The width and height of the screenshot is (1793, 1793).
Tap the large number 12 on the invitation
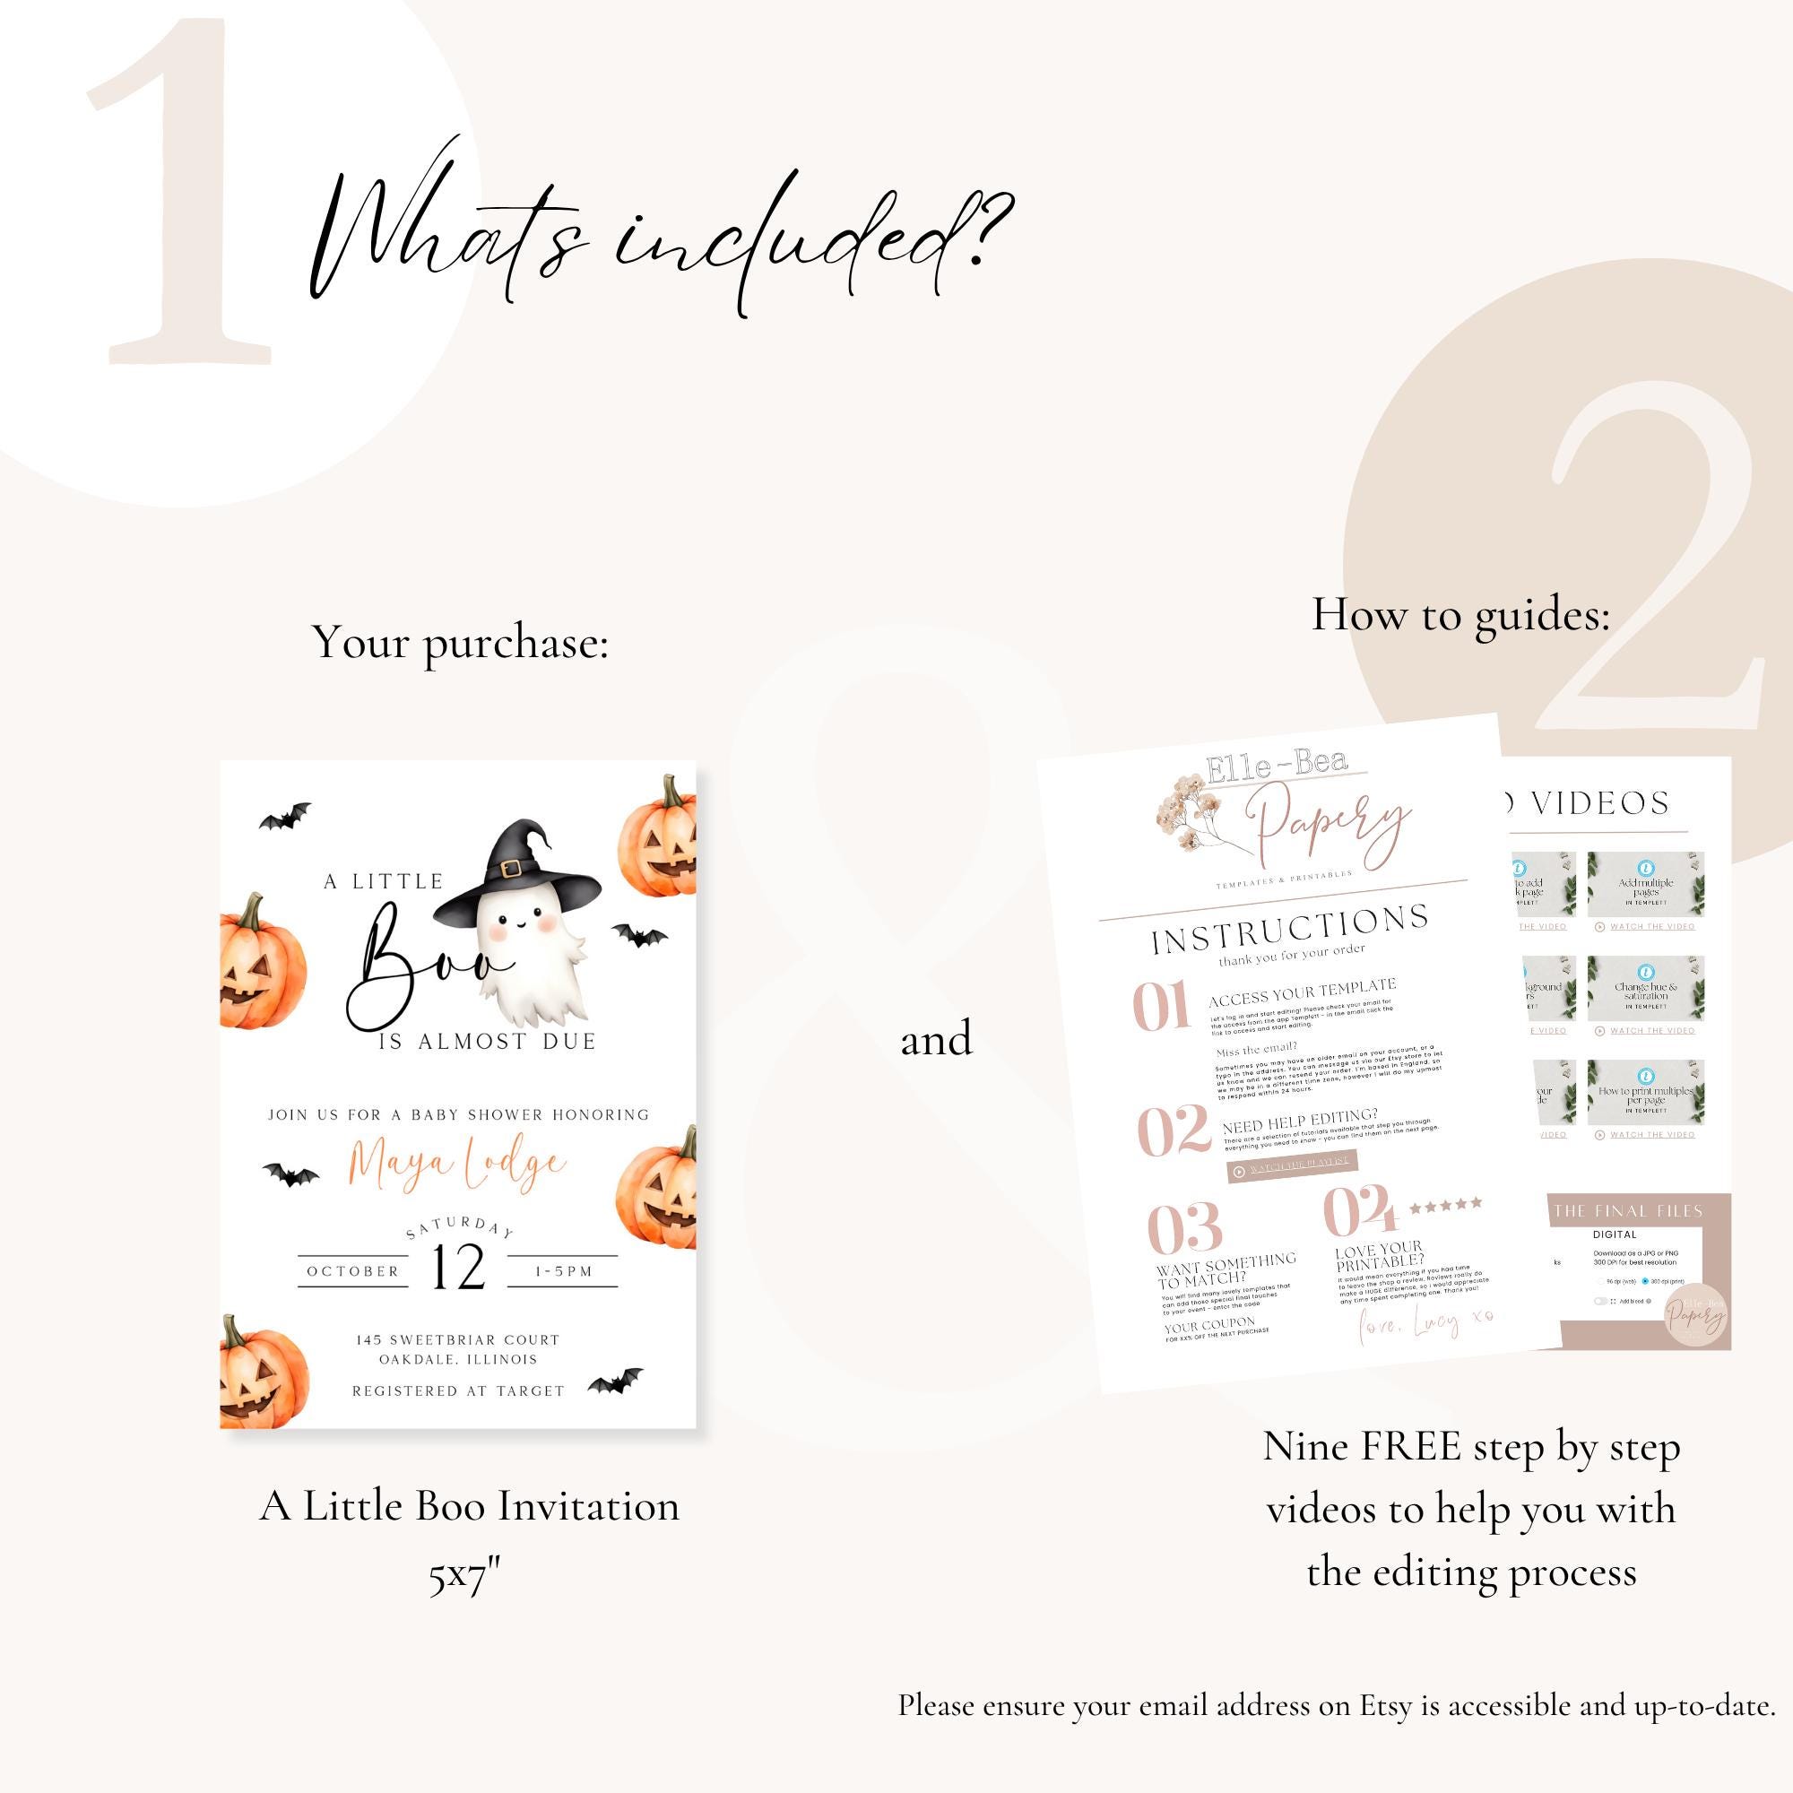point(458,1269)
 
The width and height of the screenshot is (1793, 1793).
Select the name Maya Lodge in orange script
point(456,1166)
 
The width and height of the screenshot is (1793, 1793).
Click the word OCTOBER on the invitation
point(352,1271)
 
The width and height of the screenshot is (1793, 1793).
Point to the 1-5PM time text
point(563,1271)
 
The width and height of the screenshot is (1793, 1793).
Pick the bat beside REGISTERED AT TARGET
point(615,1382)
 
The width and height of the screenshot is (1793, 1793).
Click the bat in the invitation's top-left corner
point(285,817)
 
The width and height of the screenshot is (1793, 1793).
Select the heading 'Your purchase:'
point(460,642)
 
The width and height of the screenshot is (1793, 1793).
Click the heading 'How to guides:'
point(1460,614)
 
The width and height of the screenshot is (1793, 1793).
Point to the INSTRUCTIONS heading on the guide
point(1289,930)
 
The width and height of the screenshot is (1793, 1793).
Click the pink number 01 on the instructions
point(1161,1006)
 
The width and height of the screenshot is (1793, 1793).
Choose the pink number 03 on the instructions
point(1184,1227)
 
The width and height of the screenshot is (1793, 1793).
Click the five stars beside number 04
point(1445,1206)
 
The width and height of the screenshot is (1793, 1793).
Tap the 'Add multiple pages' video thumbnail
point(1645,885)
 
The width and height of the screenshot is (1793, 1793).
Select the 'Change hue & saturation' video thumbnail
point(1645,988)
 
